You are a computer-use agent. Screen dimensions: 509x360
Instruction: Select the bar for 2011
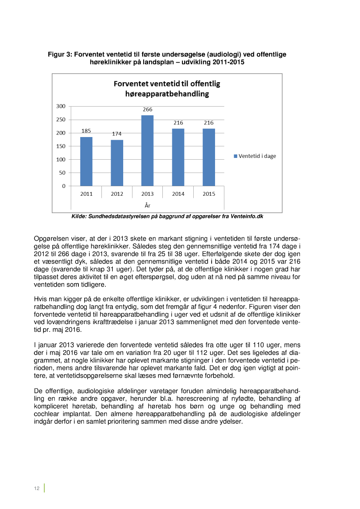tap(86, 161)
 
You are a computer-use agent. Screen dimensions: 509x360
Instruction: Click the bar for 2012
tap(117, 163)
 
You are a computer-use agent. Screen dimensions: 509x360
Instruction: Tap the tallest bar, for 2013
tap(148, 151)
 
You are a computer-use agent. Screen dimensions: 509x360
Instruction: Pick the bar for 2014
tap(178, 157)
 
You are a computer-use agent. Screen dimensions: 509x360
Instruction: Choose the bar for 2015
tap(209, 157)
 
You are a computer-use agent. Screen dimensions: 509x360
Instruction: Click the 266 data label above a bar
tap(148, 110)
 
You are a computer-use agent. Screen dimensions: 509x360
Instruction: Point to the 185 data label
tap(86, 131)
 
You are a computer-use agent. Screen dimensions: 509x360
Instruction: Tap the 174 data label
tap(117, 134)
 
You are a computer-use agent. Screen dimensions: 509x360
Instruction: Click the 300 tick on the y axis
tap(61, 106)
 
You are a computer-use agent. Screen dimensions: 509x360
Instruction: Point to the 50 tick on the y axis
tap(62, 173)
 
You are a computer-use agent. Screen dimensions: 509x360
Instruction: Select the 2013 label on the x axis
tap(148, 194)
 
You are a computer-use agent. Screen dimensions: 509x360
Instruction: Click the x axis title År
tap(148, 205)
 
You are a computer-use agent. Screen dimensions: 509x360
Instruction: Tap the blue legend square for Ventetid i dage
tap(236, 156)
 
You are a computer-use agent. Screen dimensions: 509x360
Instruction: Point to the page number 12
tap(37, 489)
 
